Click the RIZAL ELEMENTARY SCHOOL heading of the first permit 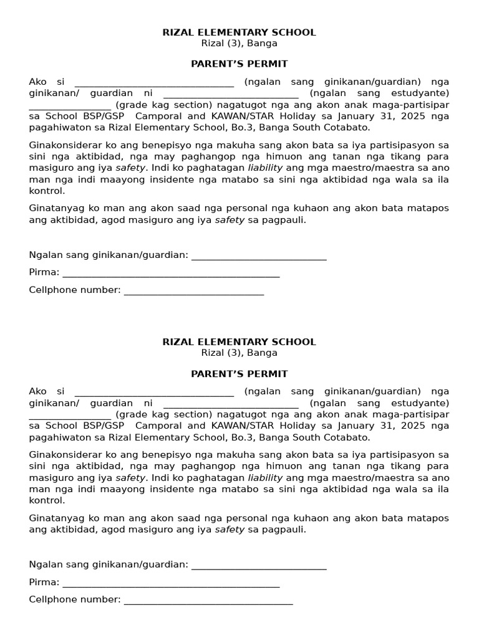[239, 32]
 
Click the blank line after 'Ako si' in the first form [154, 83]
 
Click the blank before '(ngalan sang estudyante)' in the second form [230, 404]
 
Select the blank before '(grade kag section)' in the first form [70, 105]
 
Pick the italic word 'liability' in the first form [265, 168]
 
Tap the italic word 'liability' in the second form [265, 477]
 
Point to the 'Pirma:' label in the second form [44, 582]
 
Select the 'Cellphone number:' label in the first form [75, 290]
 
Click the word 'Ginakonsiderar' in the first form [62, 145]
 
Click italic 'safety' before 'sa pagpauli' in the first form [230, 220]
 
